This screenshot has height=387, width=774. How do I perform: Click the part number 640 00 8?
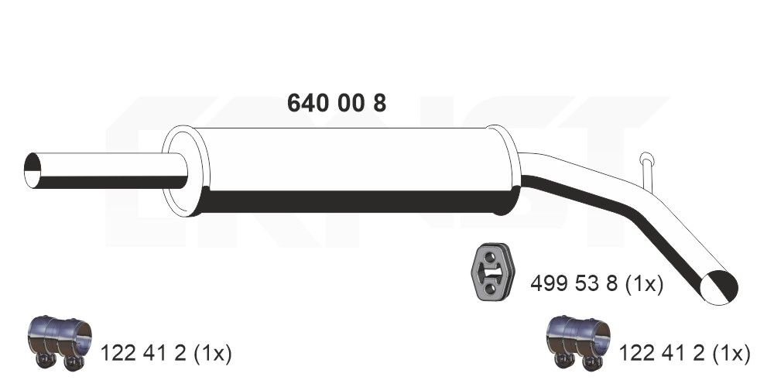pyautogui.click(x=337, y=103)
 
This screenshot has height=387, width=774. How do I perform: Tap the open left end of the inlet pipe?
pyautogui.click(x=33, y=170)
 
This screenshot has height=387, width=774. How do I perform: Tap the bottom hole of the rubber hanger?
pyautogui.click(x=490, y=291)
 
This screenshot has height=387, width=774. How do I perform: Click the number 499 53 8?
pyautogui.click(x=574, y=285)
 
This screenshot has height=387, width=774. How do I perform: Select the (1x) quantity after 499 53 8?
pyautogui.click(x=643, y=285)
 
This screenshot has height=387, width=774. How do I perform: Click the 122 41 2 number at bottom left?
pyautogui.click(x=142, y=354)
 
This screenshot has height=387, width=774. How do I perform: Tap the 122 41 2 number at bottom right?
pyautogui.click(x=660, y=354)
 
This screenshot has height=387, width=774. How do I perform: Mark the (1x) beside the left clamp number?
pyautogui.click(x=211, y=354)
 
